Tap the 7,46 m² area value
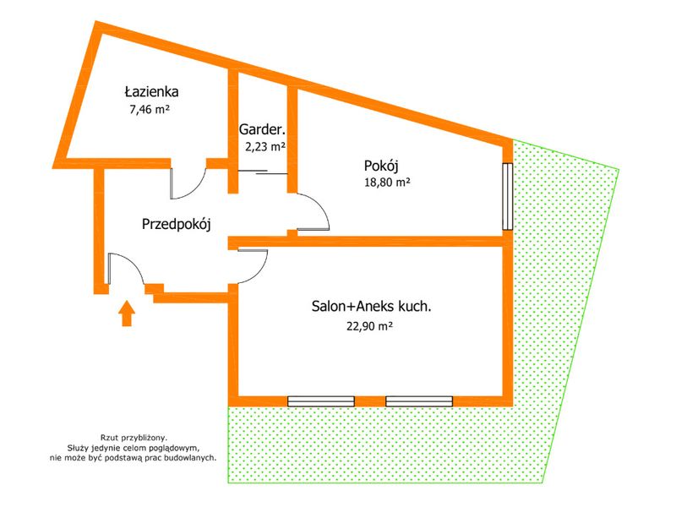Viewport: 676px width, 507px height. point(150,110)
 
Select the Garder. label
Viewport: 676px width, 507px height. point(262,129)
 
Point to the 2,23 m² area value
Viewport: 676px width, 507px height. point(265,147)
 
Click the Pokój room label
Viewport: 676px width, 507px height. point(381,166)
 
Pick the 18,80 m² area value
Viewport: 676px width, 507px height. point(387,183)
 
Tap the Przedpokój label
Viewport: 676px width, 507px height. point(177,225)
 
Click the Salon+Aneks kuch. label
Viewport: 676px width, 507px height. point(371,307)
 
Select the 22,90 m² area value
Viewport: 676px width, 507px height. point(369,326)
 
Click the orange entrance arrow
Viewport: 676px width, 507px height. point(126,313)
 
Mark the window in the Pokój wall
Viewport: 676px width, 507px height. point(508,196)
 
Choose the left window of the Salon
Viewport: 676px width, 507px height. point(321,401)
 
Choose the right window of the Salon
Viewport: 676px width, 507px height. point(419,401)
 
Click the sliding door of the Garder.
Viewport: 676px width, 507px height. point(263,172)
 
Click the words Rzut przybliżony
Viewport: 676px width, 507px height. point(134,438)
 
